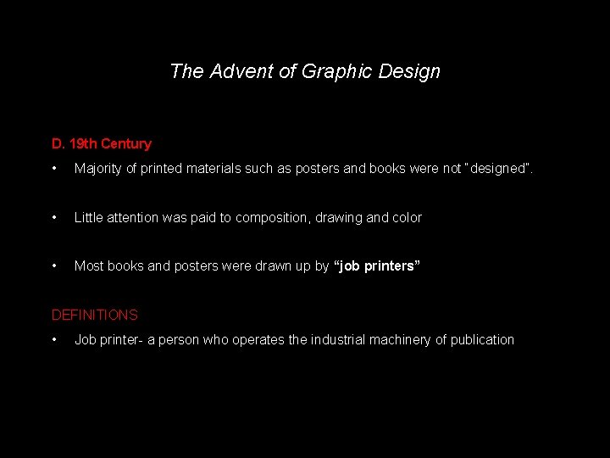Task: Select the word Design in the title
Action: coord(414,72)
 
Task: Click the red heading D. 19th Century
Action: coord(101,144)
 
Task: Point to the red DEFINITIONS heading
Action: coord(94,316)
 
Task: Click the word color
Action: coord(406,218)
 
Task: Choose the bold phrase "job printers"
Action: coord(377,266)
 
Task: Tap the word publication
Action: coord(482,340)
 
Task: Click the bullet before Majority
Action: coord(55,169)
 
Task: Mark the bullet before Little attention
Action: coord(55,218)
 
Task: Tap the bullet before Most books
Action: coord(55,266)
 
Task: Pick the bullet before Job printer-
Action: coord(55,340)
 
